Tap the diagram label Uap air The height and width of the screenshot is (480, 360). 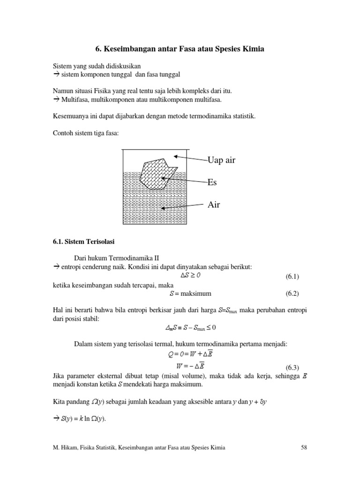pos(222,160)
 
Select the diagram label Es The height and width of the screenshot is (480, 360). pos(213,182)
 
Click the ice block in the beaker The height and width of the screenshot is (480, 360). pos(157,172)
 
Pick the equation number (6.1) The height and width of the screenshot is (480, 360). pos(292,277)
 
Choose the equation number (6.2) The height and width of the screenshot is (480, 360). pos(292,294)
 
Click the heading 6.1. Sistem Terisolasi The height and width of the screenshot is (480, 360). pos(80,242)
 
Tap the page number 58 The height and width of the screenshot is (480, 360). pos(303,448)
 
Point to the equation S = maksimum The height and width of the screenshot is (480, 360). pos(190,294)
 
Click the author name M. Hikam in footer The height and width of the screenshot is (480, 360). pos(66,448)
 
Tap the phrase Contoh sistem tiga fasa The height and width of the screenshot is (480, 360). pos(86,133)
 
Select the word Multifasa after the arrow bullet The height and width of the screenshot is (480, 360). pos(73,100)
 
